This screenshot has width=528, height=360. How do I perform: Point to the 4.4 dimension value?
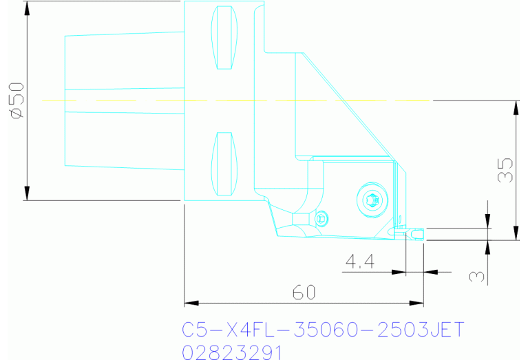point(359,262)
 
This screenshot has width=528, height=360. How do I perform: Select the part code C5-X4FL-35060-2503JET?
point(324,329)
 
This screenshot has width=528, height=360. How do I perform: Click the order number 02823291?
point(232,352)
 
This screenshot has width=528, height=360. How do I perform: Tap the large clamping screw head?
point(371,201)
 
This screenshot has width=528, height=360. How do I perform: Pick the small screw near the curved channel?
point(322,219)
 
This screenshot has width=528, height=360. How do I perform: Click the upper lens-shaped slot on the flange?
point(224,38)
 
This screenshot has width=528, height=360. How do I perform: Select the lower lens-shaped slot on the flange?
point(224,164)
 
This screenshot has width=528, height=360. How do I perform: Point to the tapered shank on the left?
point(124,100)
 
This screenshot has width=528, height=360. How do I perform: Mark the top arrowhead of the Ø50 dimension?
point(28,7)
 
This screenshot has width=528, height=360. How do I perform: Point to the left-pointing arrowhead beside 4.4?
point(430,272)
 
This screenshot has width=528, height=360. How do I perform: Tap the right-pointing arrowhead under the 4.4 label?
point(399,272)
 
